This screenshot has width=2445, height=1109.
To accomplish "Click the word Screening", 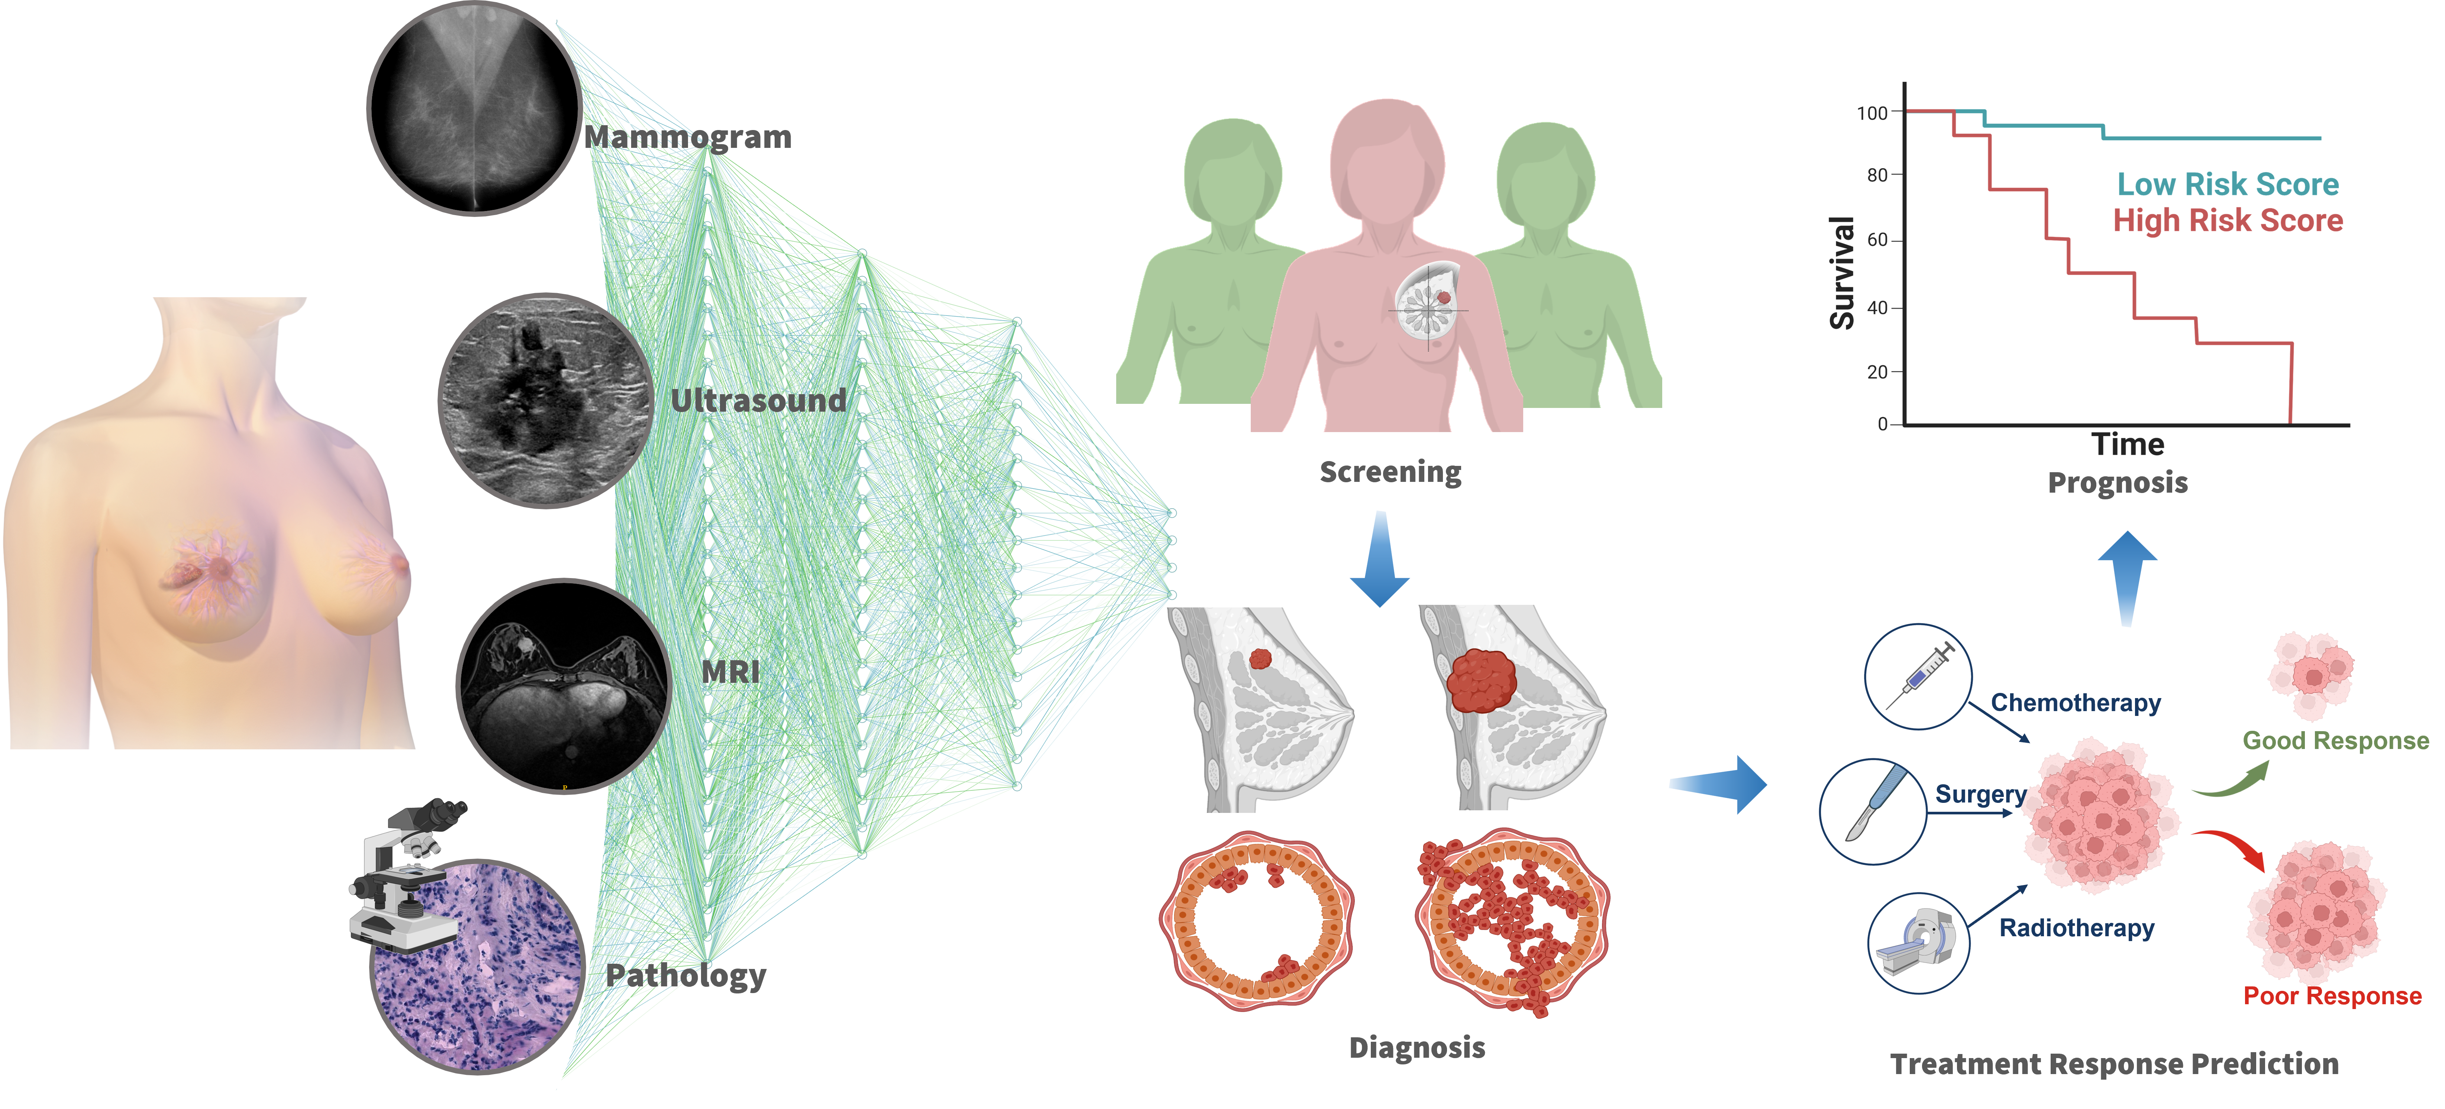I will [1391, 473].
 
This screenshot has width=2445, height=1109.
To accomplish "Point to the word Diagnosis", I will [1417, 1047].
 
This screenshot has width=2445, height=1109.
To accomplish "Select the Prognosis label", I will [2118, 483].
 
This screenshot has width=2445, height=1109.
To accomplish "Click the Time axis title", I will [2128, 445].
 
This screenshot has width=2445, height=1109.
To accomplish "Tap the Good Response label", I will [2335, 741].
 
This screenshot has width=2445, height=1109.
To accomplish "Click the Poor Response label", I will [2332, 996].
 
